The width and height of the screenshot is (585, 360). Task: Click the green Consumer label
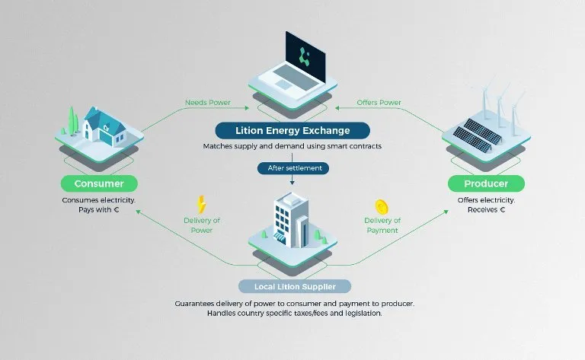tap(99, 183)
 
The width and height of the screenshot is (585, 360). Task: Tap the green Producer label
tap(486, 183)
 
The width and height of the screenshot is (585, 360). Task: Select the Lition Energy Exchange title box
tap(292, 130)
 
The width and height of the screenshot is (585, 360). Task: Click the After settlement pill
tap(293, 168)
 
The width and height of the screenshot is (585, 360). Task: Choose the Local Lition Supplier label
tap(295, 287)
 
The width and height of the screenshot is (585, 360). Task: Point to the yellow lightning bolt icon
tap(201, 205)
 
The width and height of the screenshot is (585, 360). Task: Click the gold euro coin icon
tap(382, 207)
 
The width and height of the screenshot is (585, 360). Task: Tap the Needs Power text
tap(208, 103)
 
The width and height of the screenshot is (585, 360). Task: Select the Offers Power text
tap(379, 103)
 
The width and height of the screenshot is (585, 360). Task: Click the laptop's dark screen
tap(305, 57)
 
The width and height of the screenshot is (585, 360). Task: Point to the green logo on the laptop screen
tap(305, 56)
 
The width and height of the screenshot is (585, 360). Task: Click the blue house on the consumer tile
tap(104, 127)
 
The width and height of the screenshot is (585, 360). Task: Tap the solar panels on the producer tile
tap(477, 135)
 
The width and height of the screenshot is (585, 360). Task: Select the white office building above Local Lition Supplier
tap(290, 220)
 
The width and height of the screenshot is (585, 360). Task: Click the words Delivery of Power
tap(202, 225)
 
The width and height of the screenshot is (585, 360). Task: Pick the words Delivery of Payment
tap(382, 225)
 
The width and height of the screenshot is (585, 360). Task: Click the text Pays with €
tap(98, 210)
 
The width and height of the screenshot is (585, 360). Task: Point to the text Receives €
tap(486, 210)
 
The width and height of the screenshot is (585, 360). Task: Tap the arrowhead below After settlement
tap(292, 183)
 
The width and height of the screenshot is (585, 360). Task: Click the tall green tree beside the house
tap(72, 120)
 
